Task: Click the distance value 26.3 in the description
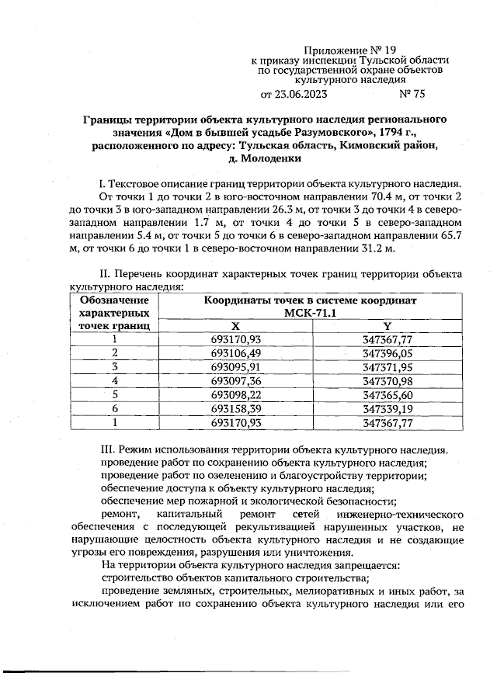218,210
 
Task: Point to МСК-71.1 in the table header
310,312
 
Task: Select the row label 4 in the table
114,380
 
